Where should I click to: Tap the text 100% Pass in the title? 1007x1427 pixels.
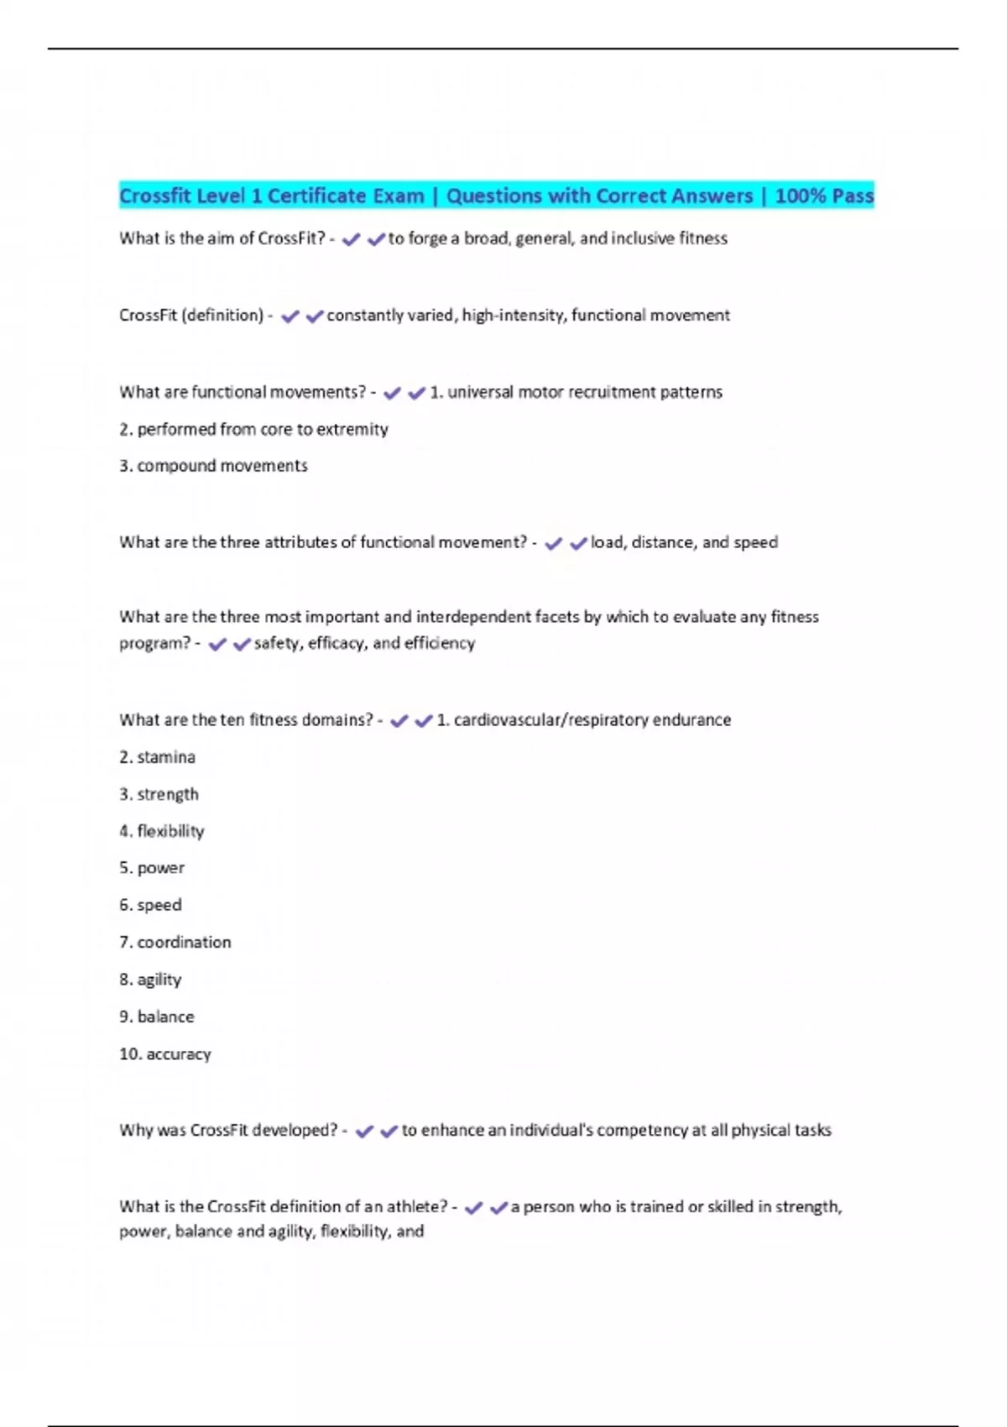point(824,196)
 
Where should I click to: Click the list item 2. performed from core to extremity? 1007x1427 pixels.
point(253,430)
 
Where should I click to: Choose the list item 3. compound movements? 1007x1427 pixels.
point(213,466)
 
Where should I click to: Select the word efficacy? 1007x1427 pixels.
point(336,643)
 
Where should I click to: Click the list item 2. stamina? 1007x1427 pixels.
point(157,757)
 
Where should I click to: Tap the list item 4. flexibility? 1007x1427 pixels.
point(162,831)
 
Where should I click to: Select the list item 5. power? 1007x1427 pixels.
point(152,868)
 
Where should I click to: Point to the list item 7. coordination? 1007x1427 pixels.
point(175,943)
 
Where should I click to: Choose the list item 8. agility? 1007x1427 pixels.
point(150,980)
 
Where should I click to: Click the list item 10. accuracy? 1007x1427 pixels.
point(165,1054)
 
